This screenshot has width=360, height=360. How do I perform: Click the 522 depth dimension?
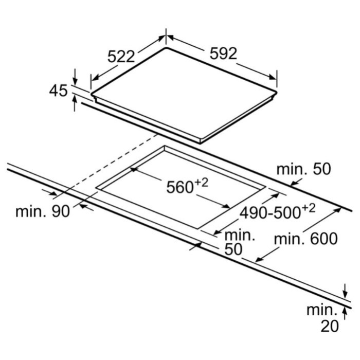(121, 56)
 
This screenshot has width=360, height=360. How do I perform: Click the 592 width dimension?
(223, 54)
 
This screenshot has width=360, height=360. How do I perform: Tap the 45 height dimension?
(58, 91)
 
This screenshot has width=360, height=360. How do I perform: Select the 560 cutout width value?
(179, 188)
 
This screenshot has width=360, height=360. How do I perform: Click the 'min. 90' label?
(39, 211)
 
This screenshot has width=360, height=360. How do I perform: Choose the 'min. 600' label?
(306, 239)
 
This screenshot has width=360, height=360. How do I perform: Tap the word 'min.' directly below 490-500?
(240, 236)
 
